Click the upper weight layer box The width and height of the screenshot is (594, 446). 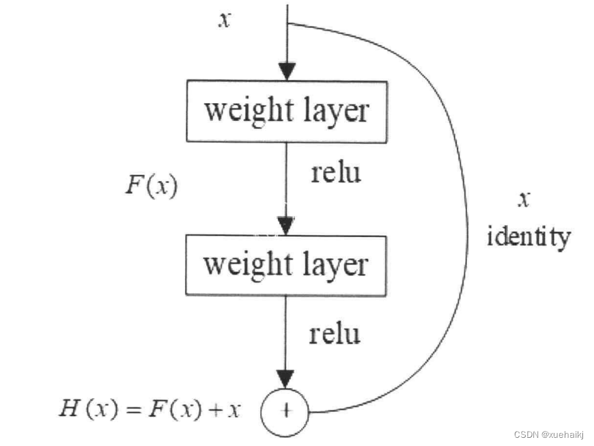tap(287, 111)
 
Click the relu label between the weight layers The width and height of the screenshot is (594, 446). tap(335, 172)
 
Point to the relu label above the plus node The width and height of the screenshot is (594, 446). tap(334, 334)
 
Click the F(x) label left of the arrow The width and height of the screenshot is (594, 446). tap(151, 186)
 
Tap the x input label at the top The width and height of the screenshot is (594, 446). tap(224, 20)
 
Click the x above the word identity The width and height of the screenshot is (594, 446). tap(523, 199)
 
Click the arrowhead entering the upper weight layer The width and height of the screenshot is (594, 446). tap(287, 70)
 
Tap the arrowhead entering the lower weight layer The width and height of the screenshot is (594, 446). tap(286, 225)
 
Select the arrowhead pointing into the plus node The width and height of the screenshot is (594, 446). tap(286, 378)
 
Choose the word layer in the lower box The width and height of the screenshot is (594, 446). tap(335, 265)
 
